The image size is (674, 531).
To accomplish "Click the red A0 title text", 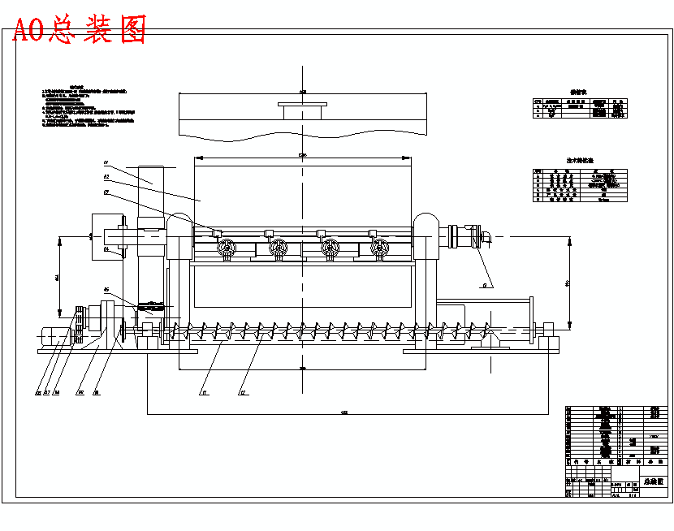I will pyautogui.click(x=80, y=30).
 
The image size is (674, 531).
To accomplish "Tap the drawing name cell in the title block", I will pyautogui.click(x=653, y=481).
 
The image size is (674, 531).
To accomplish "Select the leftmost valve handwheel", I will pyautogui.click(x=228, y=249).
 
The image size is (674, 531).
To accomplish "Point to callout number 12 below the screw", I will pyautogui.click(x=242, y=392).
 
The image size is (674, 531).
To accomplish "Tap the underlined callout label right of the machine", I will pyautogui.click(x=484, y=285).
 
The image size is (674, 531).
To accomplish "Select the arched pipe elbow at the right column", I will pyautogui.click(x=426, y=227).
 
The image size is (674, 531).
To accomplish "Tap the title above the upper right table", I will pyautogui.click(x=577, y=93).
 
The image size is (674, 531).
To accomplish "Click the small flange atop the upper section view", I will pyautogui.click(x=302, y=105).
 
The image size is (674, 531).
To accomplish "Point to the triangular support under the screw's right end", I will pyautogui.click(x=491, y=340).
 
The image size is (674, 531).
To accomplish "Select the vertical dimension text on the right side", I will pyautogui.click(x=568, y=283).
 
